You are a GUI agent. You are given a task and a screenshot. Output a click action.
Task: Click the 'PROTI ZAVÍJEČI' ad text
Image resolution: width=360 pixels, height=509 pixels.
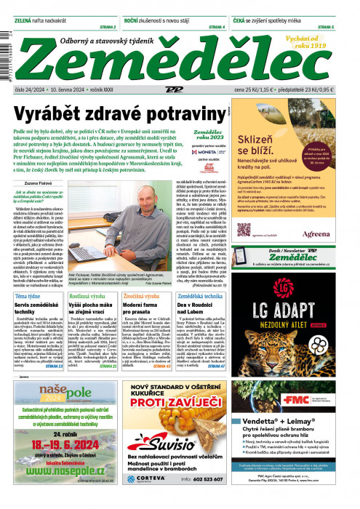pyautogui.click(x=180, y=401)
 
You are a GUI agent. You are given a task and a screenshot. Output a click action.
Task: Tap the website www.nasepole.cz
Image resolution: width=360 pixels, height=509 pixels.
pyautogui.click(x=61, y=475)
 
